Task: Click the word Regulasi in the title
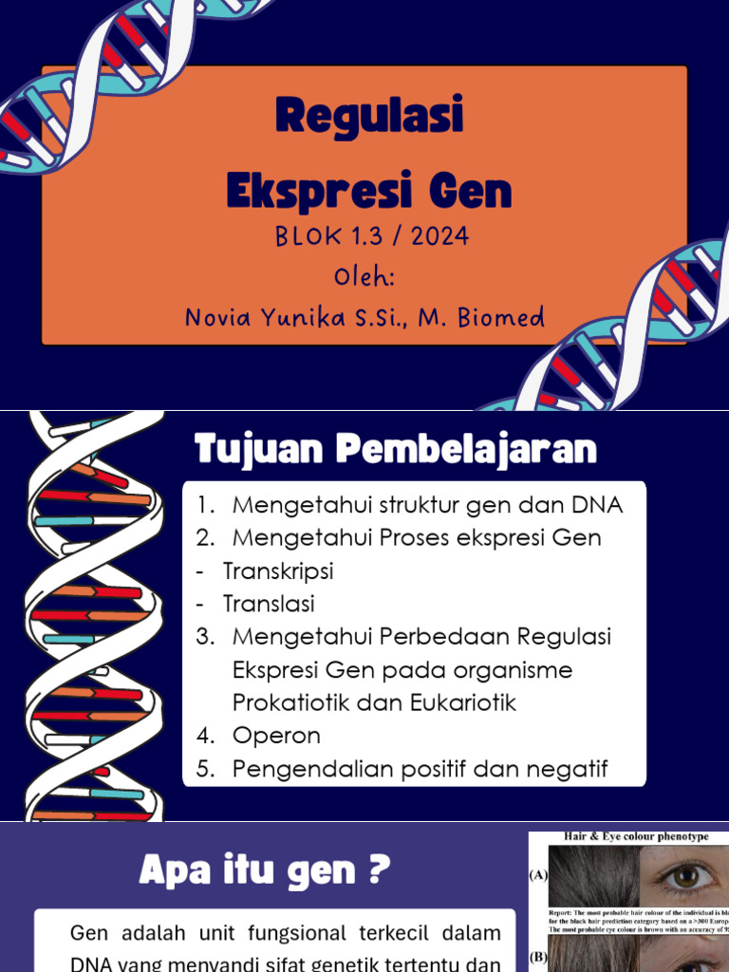coord(369,117)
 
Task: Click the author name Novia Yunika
coord(264,318)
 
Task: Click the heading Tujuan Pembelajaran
coord(396,449)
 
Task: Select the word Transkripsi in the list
coord(278,571)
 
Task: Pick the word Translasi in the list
coord(269,604)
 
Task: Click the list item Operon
coord(276,736)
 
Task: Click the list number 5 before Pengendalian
coord(204,769)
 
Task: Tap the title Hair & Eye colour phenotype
coord(635,836)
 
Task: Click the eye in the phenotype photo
coord(685,877)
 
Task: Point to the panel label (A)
coord(538,876)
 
